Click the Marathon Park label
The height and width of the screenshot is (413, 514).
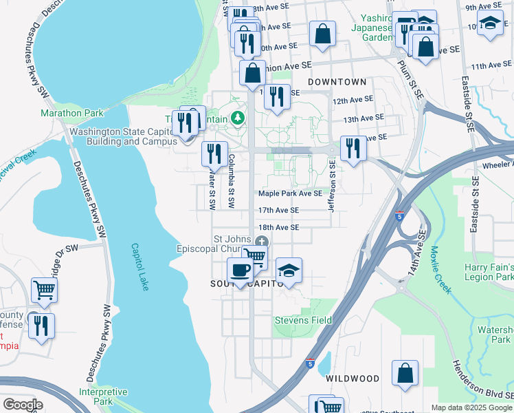71,113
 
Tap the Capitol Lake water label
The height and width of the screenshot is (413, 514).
140,268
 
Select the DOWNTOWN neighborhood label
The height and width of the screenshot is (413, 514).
337,82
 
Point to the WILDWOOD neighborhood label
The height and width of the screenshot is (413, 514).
353,379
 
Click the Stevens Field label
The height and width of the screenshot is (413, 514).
303,320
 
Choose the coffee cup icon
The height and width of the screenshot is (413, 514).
240,269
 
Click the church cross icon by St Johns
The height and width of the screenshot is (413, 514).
262,240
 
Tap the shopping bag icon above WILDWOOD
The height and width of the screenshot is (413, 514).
405,372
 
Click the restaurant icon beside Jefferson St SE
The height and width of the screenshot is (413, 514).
353,149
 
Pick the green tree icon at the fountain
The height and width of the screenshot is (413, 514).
238,118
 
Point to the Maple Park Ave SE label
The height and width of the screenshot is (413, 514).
290,194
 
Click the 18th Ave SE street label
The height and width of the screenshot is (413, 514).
278,227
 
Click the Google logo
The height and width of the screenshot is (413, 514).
22,405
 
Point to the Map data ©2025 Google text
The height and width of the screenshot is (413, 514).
471,407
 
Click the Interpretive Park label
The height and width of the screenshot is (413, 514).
102,396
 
